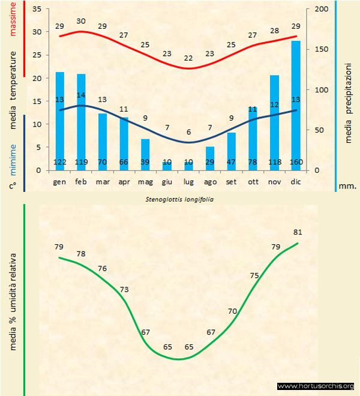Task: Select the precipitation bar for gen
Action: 60,121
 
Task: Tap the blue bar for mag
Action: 145,154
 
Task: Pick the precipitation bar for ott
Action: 253,138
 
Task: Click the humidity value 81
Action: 298,232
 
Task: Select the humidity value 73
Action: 124,289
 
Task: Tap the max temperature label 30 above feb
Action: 81,21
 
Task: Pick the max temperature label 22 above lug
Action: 188,58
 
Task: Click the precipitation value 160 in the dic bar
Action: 296,162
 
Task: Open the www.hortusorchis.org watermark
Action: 316,386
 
